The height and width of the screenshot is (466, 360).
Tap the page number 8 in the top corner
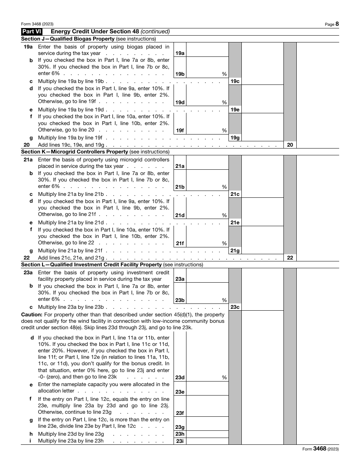[x=337, y=24]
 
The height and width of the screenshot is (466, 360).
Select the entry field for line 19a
[x=207, y=49]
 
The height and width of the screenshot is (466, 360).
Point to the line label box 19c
[x=235, y=81]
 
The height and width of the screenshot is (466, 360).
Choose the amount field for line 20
[x=318, y=145]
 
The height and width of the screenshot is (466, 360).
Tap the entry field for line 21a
[x=207, y=162]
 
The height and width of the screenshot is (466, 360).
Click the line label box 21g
[x=235, y=251]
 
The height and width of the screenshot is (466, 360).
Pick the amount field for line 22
[x=318, y=258]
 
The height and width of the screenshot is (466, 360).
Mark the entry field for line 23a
[x=207, y=275]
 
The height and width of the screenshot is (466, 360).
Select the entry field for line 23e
[x=207, y=389]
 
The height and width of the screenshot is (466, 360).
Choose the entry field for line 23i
[x=207, y=441]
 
